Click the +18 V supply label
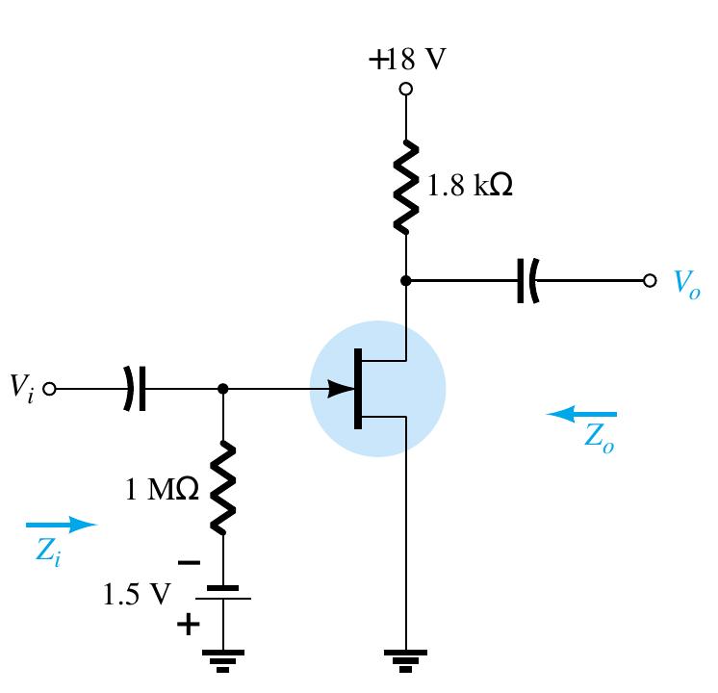pyautogui.click(x=407, y=60)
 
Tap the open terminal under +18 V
pyautogui.click(x=406, y=89)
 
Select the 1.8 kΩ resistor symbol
pyautogui.click(x=406, y=186)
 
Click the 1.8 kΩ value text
pyautogui.click(x=470, y=186)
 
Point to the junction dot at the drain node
pyautogui.click(x=406, y=280)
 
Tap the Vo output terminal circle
pyautogui.click(x=651, y=280)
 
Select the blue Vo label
pyautogui.click(x=686, y=281)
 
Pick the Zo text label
pyautogui.click(x=599, y=438)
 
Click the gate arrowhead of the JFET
pyautogui.click(x=341, y=390)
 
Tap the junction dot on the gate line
pyautogui.click(x=223, y=390)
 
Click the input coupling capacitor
pyautogui.click(x=135, y=390)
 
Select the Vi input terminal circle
pyautogui.click(x=51, y=390)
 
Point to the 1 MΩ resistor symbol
pyautogui.click(x=223, y=487)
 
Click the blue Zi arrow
pyautogui.click(x=62, y=525)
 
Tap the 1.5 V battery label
pyautogui.click(x=136, y=594)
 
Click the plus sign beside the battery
pyautogui.click(x=189, y=626)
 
